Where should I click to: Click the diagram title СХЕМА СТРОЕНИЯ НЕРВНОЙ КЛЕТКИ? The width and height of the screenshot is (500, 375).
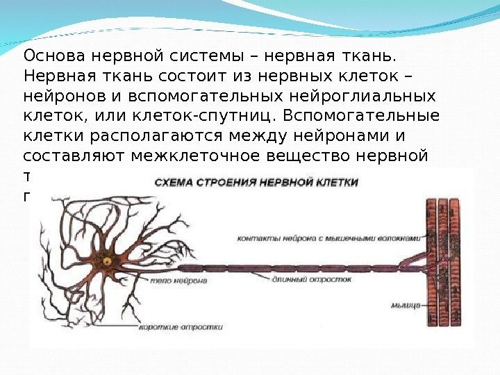[x=256, y=183]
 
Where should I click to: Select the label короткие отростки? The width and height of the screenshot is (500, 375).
[x=181, y=326]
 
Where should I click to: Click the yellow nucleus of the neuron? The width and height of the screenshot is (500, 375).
[x=108, y=261]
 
